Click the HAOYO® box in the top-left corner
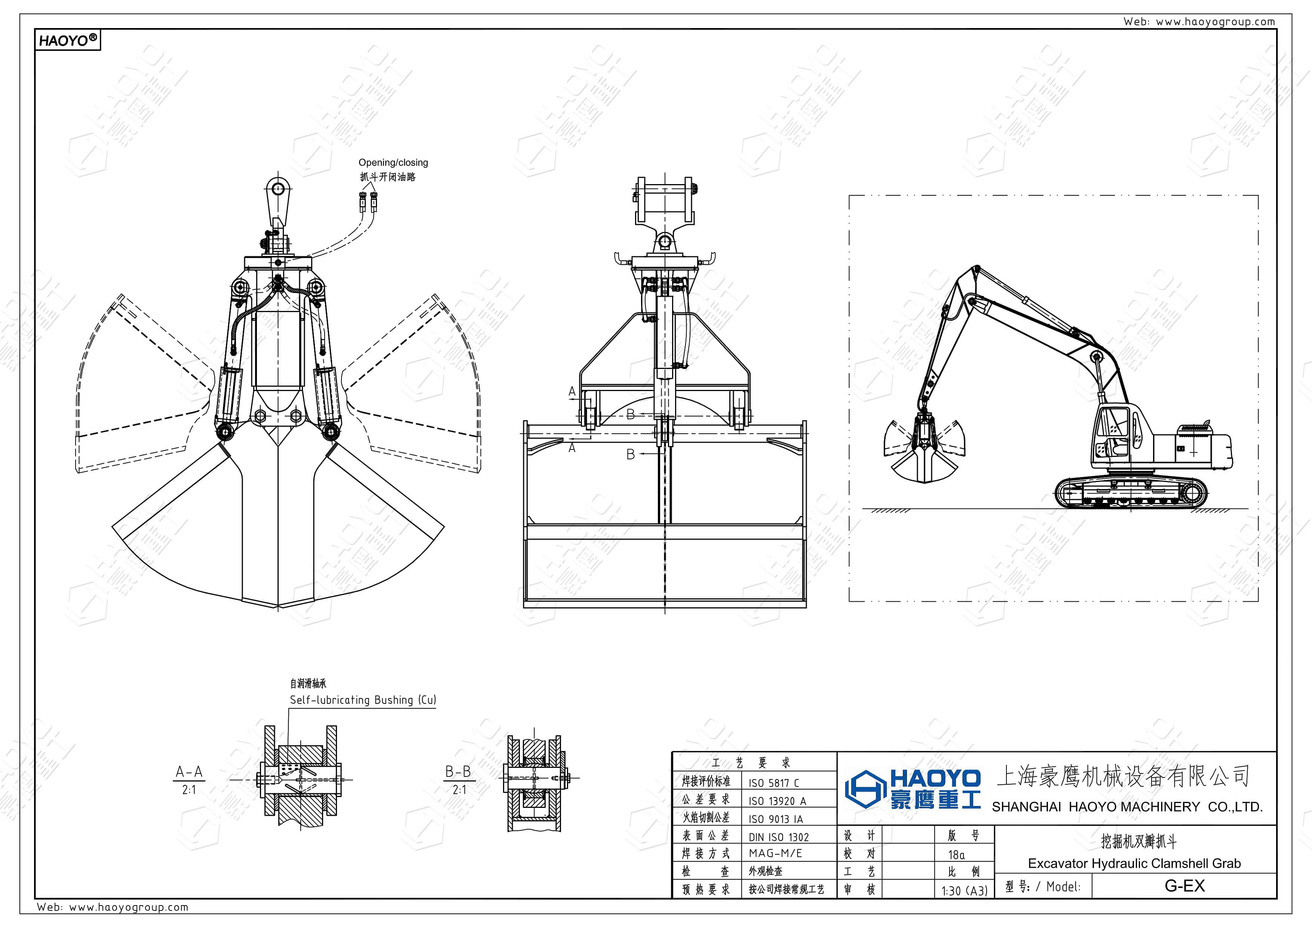tap(67, 40)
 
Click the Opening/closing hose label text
tap(393, 162)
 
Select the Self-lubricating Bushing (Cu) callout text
tap(362, 700)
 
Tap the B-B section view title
tap(458, 772)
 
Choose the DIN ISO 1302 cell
tap(778, 837)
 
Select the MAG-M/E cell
tap(775, 854)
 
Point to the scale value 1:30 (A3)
tap(964, 890)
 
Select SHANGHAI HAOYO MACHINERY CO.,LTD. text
tap(1127, 807)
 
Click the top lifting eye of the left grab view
tap(278, 188)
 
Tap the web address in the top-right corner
tap(1199, 22)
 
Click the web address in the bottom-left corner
tap(113, 907)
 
